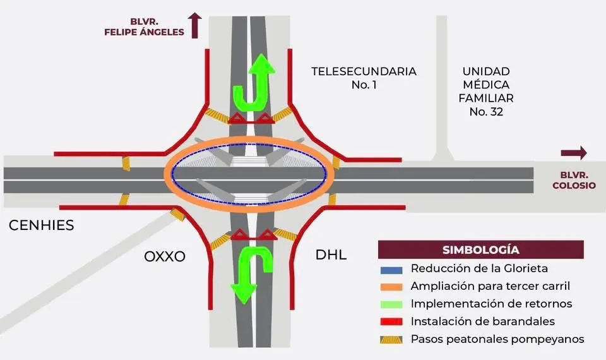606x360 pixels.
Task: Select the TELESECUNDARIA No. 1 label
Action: coord(364,77)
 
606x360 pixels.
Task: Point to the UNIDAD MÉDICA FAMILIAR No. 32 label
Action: coord(485,92)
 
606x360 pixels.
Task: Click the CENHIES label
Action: coord(42,225)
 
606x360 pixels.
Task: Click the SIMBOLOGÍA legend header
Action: coord(481,249)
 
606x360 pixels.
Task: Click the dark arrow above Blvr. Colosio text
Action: coord(573,153)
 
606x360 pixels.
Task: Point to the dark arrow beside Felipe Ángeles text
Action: coord(196,25)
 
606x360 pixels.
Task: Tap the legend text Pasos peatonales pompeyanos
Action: coord(497,339)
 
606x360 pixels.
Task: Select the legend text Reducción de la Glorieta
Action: coord(478,268)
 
